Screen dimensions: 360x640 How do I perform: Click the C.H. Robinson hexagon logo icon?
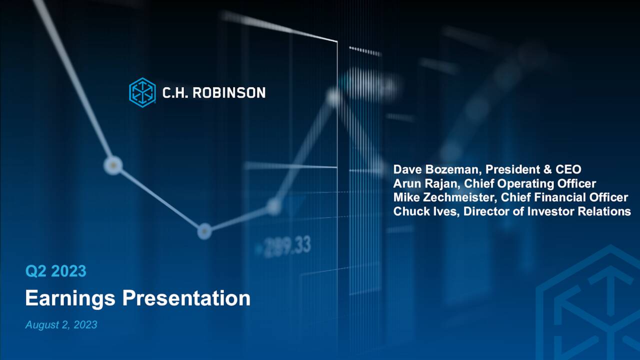tap(142, 92)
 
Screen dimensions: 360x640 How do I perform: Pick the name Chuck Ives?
tap(425, 211)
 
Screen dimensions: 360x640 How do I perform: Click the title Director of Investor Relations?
tap(547, 211)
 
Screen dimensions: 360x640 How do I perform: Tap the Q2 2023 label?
tap(55, 271)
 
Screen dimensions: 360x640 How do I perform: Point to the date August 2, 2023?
tap(61, 325)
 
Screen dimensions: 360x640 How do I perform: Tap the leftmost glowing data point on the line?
tap(113, 165)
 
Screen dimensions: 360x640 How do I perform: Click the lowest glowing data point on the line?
tap(204, 231)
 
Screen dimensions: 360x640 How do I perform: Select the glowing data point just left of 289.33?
tap(273, 206)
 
